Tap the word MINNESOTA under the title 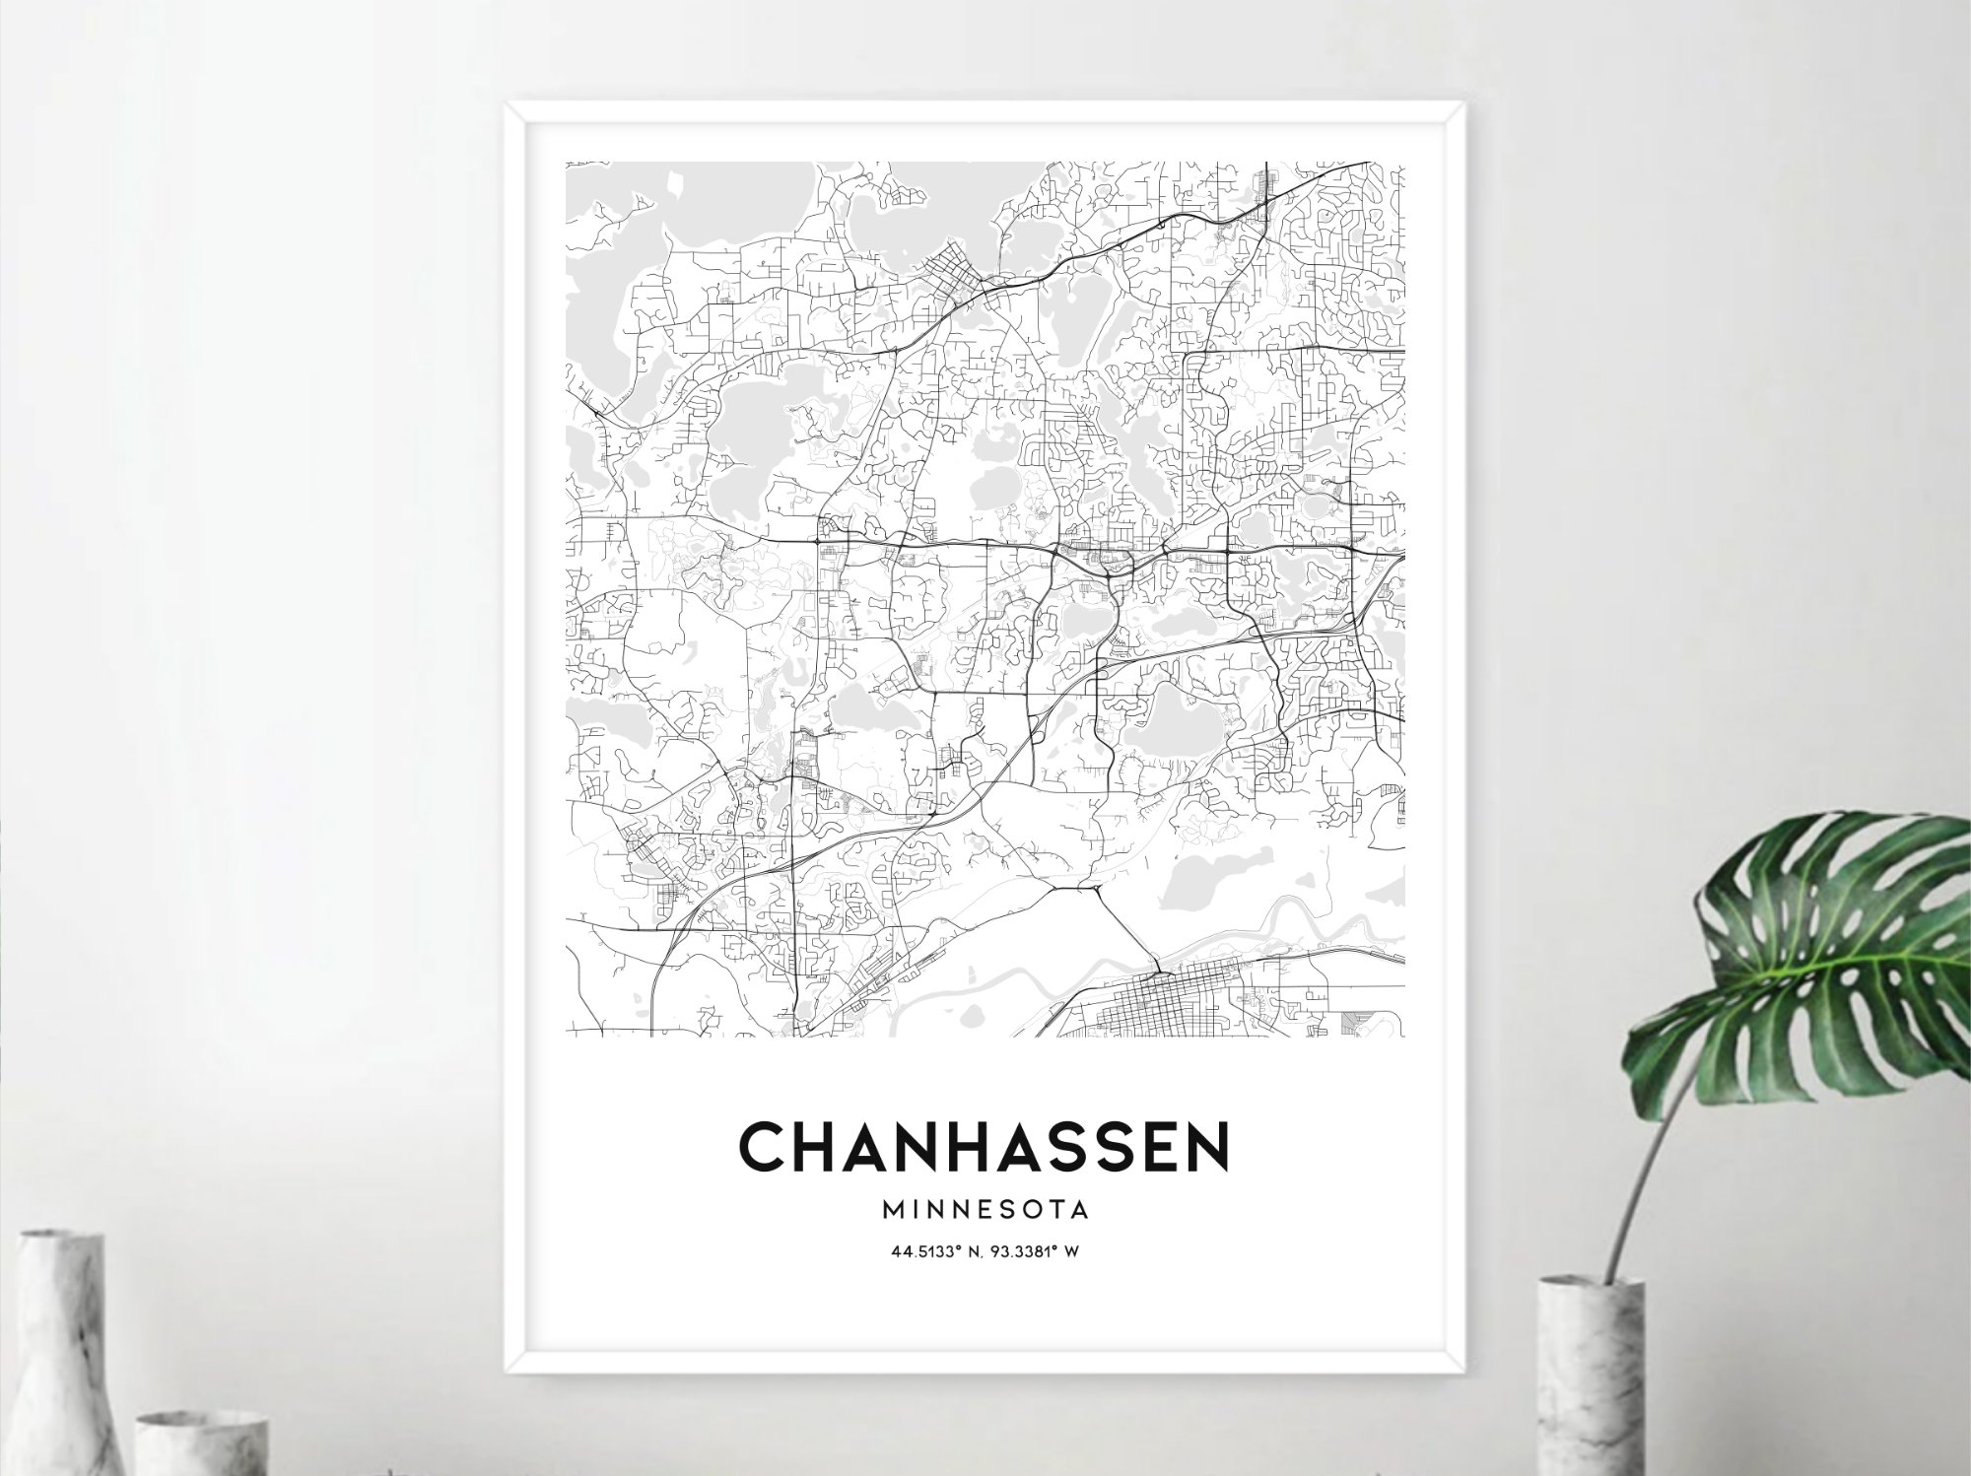click(x=985, y=1208)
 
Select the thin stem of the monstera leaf click(x=1641, y=1163)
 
